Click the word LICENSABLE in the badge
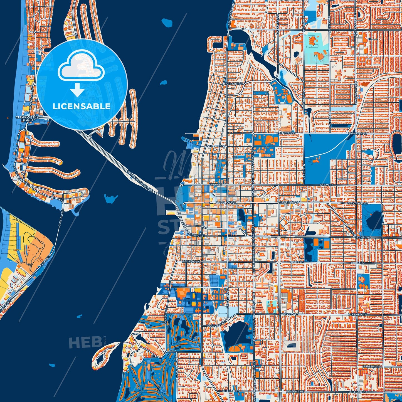click(x=82, y=106)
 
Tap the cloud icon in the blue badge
click(x=81, y=67)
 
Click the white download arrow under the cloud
click(x=77, y=90)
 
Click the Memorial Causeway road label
click(x=140, y=181)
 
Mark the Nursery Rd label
click(x=373, y=367)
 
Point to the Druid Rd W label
click(x=191, y=262)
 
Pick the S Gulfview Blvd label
click(x=19, y=174)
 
